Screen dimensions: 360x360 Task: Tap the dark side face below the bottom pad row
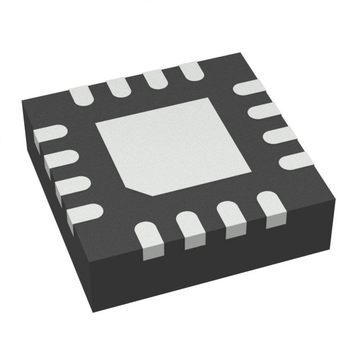pyautogui.click(x=214, y=281)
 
